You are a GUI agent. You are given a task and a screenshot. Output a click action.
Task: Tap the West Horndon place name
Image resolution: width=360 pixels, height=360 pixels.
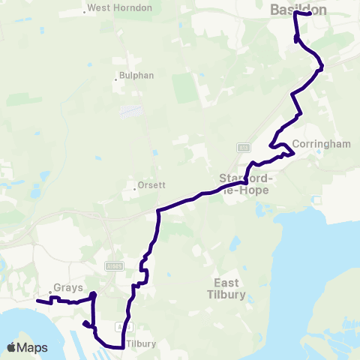click(120, 8)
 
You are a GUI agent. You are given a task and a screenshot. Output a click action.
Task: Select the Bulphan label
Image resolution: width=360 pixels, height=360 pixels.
click(135, 76)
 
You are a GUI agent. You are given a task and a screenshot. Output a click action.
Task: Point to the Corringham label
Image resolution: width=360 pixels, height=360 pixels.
click(322, 144)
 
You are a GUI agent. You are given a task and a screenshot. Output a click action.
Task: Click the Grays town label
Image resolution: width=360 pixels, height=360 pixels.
click(62, 286)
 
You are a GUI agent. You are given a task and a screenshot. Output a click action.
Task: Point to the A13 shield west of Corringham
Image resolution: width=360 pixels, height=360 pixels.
click(243, 148)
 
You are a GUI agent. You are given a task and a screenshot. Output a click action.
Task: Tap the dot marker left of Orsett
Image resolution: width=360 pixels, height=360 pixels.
click(134, 188)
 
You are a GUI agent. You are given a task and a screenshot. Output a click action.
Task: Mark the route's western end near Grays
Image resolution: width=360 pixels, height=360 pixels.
click(37, 301)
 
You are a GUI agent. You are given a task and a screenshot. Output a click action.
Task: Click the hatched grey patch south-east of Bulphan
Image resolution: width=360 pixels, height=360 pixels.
click(132, 112)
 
